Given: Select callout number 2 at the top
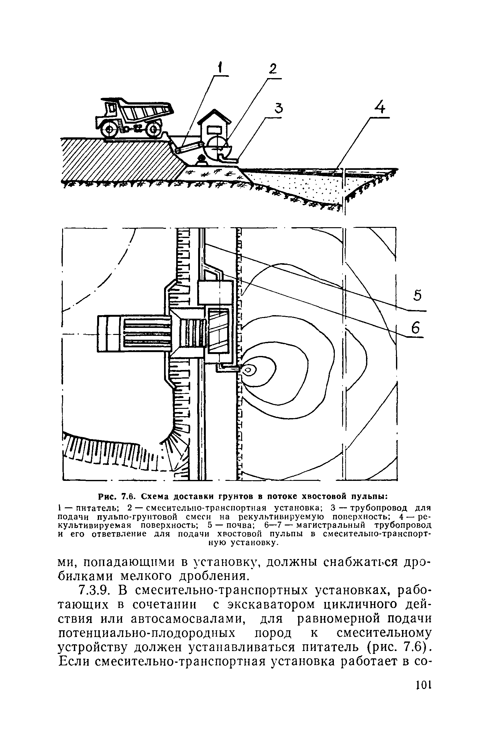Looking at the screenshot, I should coord(272,69).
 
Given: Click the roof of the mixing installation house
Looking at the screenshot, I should coord(214,116).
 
